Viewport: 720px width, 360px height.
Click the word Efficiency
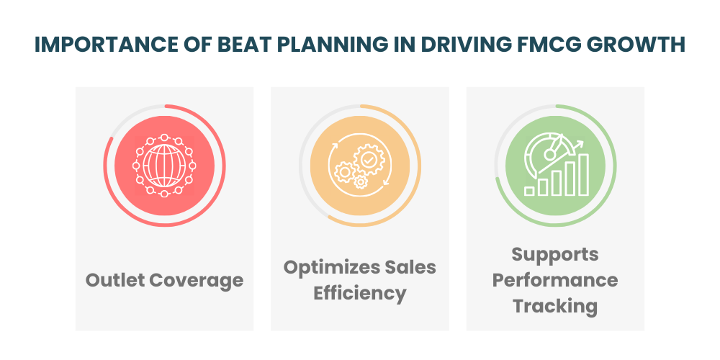click(359, 293)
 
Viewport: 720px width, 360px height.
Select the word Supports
click(554, 254)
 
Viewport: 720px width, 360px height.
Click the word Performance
click(554, 279)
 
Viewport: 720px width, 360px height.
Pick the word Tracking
click(554, 305)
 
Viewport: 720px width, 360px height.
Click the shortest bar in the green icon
click(530, 190)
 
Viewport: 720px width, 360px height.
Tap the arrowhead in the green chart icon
click(578, 144)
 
